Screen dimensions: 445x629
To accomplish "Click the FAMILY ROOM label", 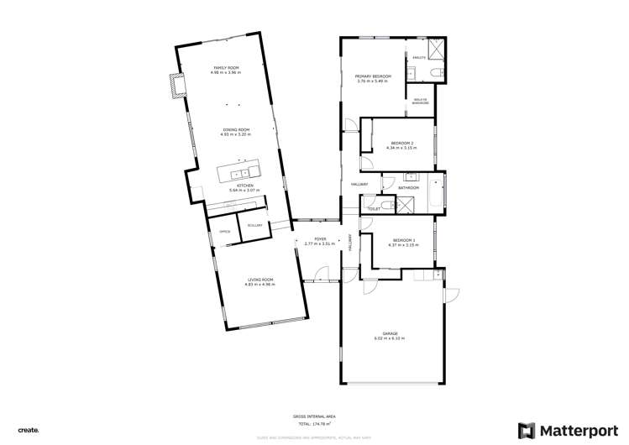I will [226, 67].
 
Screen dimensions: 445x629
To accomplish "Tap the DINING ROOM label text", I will [236, 129].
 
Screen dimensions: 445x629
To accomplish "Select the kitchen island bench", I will [239, 174].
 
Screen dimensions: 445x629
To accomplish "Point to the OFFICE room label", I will [224, 231].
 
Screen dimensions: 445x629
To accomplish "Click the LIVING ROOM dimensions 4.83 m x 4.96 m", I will [260, 284].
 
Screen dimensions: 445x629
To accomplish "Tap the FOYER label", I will [320, 239].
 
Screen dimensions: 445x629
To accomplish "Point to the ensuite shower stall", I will [436, 47].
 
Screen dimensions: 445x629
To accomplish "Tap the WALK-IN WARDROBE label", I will [421, 101].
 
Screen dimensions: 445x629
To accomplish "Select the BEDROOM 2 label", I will [400, 144].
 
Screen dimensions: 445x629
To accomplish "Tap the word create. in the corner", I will [29, 429].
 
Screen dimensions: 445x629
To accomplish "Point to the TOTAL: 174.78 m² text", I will [316, 422].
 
